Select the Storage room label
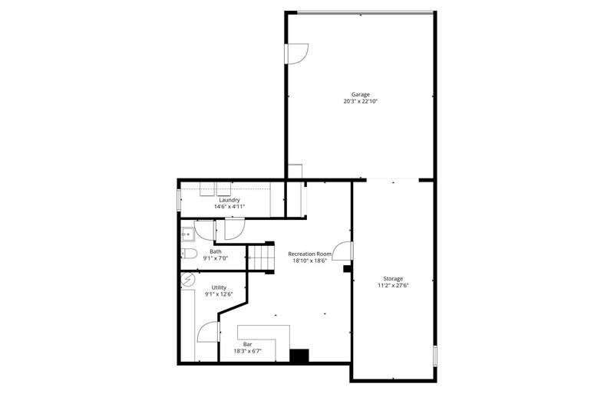[393, 278]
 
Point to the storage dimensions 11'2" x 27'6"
[393, 285]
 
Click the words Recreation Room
[309, 254]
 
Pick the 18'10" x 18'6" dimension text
[309, 261]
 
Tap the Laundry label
[229, 200]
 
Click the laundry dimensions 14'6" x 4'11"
[229, 207]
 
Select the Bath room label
[216, 251]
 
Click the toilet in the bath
[190, 254]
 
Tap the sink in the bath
[186, 234]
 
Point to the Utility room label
[219, 287]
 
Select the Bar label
[248, 344]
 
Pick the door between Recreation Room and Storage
[345, 253]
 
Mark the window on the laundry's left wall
[179, 200]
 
